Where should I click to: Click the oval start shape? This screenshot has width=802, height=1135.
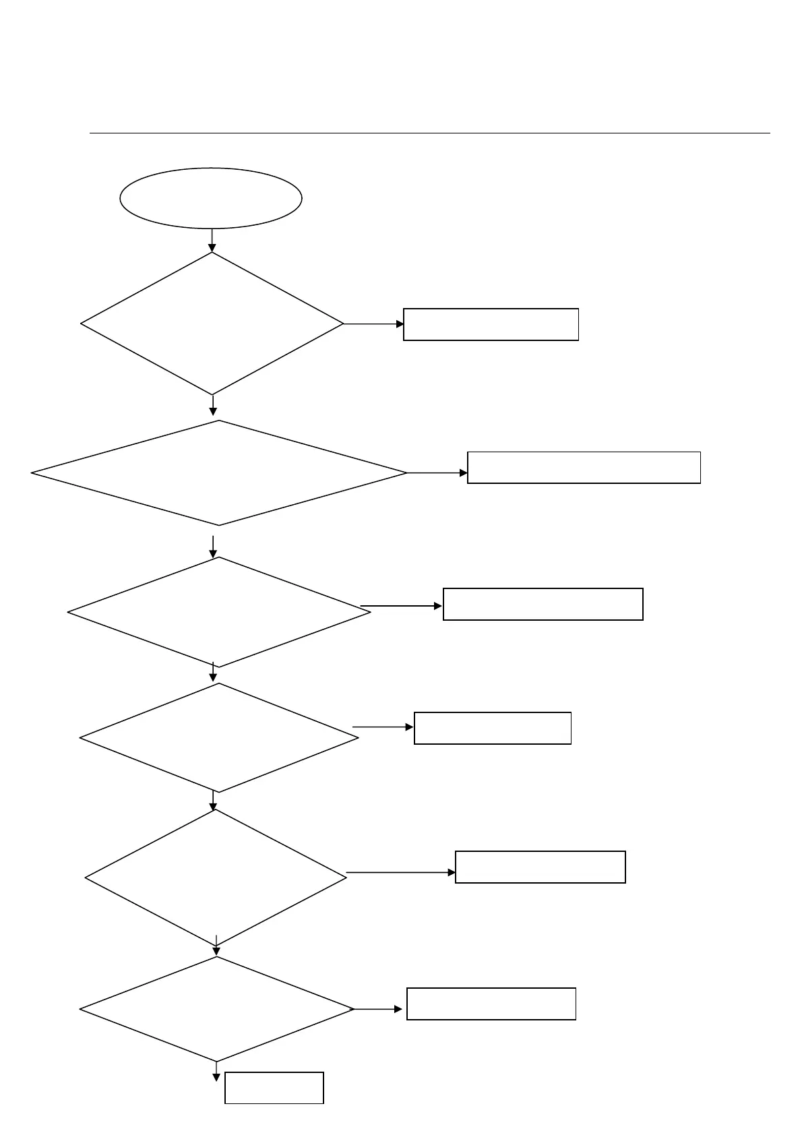211,198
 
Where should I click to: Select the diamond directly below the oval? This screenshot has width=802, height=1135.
212,324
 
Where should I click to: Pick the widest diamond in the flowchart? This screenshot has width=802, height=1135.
219,473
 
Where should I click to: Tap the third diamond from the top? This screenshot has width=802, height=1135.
219,612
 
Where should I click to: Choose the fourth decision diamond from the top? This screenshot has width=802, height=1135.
219,738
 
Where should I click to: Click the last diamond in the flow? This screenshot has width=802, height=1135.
217,1009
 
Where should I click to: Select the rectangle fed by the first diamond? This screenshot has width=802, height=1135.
491,324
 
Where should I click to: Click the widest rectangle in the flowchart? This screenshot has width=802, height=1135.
584,468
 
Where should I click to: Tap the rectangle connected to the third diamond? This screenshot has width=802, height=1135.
543,604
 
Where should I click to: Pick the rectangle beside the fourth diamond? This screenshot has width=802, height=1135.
493,728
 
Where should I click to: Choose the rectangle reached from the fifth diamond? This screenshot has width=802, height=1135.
541,867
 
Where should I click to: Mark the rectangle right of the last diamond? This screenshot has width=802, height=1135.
491,1004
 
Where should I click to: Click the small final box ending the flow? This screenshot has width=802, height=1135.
274,1088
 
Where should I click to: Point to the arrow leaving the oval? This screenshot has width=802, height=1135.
212,241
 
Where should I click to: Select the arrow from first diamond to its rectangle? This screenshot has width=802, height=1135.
374,324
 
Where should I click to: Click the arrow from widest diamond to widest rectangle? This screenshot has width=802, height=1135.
437,473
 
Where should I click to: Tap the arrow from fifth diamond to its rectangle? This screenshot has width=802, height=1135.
401,872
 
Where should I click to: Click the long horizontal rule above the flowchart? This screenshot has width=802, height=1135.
429,133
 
